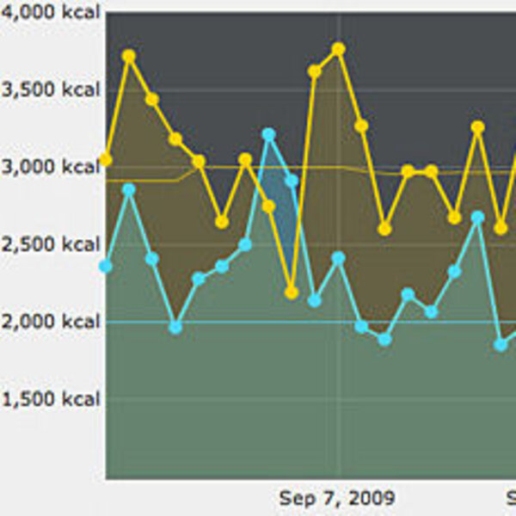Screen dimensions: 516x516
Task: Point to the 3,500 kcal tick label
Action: click(51, 90)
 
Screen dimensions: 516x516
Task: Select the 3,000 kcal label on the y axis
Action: click(51, 167)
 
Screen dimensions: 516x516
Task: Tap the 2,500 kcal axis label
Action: click(51, 244)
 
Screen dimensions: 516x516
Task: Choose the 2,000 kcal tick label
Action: click(51, 322)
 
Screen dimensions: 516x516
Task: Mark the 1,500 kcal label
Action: click(51, 399)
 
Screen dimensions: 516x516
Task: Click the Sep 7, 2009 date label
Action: click(337, 498)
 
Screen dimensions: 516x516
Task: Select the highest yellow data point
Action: click(338, 49)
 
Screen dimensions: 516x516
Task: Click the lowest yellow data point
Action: click(292, 292)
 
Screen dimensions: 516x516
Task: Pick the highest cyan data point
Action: click(268, 134)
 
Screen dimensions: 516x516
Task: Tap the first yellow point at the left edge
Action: click(106, 159)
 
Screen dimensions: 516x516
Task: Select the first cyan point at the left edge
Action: click(106, 267)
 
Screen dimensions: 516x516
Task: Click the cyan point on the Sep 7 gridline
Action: click(338, 258)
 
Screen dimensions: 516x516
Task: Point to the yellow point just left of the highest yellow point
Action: click(315, 71)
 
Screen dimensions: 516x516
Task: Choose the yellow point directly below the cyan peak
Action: click(268, 206)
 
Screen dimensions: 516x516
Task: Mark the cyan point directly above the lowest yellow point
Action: click(292, 181)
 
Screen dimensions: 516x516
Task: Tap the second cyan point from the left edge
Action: click(129, 189)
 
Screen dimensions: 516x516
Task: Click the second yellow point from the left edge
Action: click(129, 56)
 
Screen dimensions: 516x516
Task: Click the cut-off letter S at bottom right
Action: click(511, 498)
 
